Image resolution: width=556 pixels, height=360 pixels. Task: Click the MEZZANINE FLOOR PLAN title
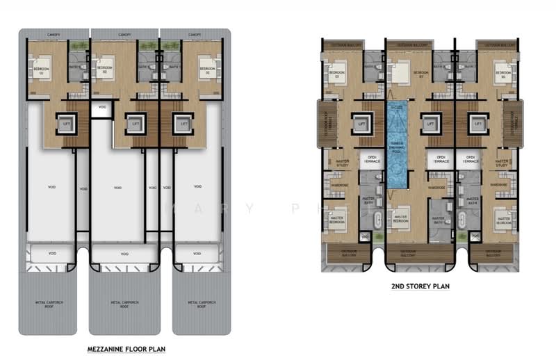tap(126, 348)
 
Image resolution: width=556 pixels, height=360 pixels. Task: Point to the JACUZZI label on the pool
tap(397, 109)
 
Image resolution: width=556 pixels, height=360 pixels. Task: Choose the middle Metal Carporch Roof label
tap(124, 304)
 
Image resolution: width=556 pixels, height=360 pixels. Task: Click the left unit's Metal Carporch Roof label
tap(48, 304)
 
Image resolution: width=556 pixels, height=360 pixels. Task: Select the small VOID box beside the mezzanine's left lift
tap(102, 107)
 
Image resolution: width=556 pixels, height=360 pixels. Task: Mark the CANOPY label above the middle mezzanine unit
tap(124, 34)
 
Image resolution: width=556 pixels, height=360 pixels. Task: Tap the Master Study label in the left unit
tap(342, 164)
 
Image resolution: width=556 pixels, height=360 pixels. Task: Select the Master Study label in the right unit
tap(502, 164)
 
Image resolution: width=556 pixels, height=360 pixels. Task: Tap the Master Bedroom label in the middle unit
tap(400, 218)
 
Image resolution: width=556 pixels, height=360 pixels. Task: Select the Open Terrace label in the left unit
tap(368, 158)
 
